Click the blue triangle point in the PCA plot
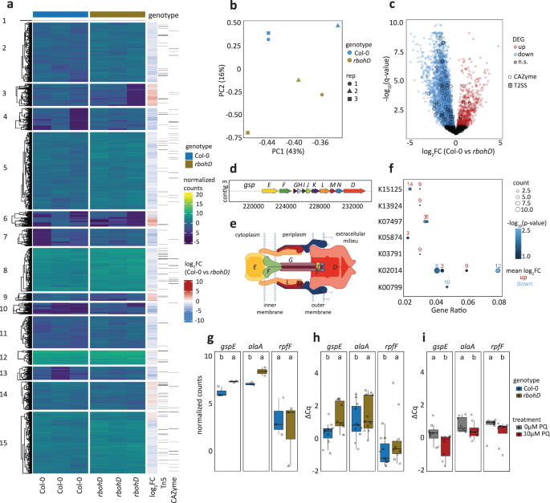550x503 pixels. click(338, 26)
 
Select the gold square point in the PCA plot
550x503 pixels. click(247, 132)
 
